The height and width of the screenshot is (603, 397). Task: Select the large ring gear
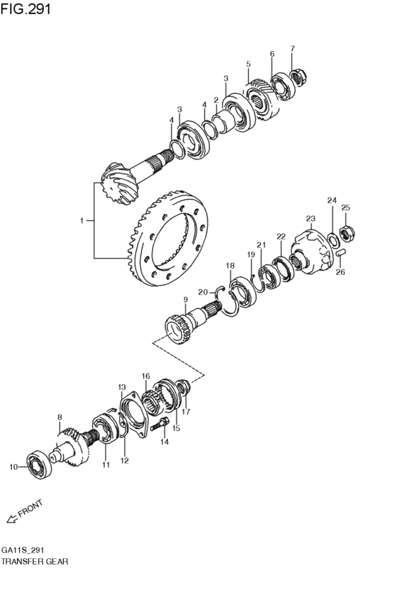(x=170, y=237)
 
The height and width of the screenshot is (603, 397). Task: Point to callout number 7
(x=291, y=48)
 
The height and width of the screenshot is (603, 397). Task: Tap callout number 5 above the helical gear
(x=248, y=64)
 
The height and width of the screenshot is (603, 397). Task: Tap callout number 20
(x=202, y=291)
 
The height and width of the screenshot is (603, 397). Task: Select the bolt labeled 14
(x=163, y=424)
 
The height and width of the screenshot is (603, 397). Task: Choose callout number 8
(x=60, y=418)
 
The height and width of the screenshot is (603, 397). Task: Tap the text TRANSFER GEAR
(x=35, y=561)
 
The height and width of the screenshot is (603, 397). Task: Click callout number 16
(x=145, y=376)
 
